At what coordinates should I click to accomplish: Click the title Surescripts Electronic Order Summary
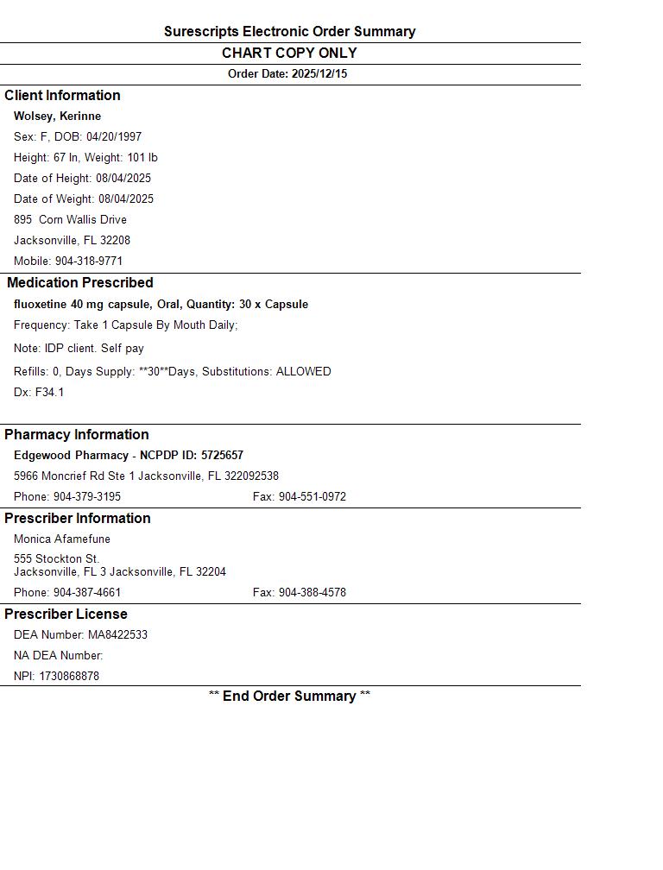(x=289, y=32)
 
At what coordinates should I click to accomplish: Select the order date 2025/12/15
(x=319, y=74)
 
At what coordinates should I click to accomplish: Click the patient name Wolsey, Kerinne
(x=57, y=117)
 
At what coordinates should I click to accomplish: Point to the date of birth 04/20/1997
(x=114, y=137)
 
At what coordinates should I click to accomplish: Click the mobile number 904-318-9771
(x=89, y=262)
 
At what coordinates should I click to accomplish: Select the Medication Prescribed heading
(x=79, y=283)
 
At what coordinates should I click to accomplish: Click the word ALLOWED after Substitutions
(x=303, y=372)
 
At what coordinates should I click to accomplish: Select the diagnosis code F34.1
(x=49, y=393)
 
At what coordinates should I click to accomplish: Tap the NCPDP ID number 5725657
(x=222, y=456)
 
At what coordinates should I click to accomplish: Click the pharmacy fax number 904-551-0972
(x=312, y=497)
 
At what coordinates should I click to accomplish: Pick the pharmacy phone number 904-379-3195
(x=87, y=497)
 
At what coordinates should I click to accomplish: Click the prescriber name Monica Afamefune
(x=62, y=539)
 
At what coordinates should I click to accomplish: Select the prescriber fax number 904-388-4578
(x=312, y=593)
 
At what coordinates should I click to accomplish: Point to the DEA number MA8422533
(x=117, y=635)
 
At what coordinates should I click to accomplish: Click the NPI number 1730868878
(x=69, y=677)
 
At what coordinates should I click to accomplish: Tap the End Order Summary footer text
(x=289, y=697)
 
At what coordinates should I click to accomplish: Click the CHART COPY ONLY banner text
(x=289, y=54)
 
